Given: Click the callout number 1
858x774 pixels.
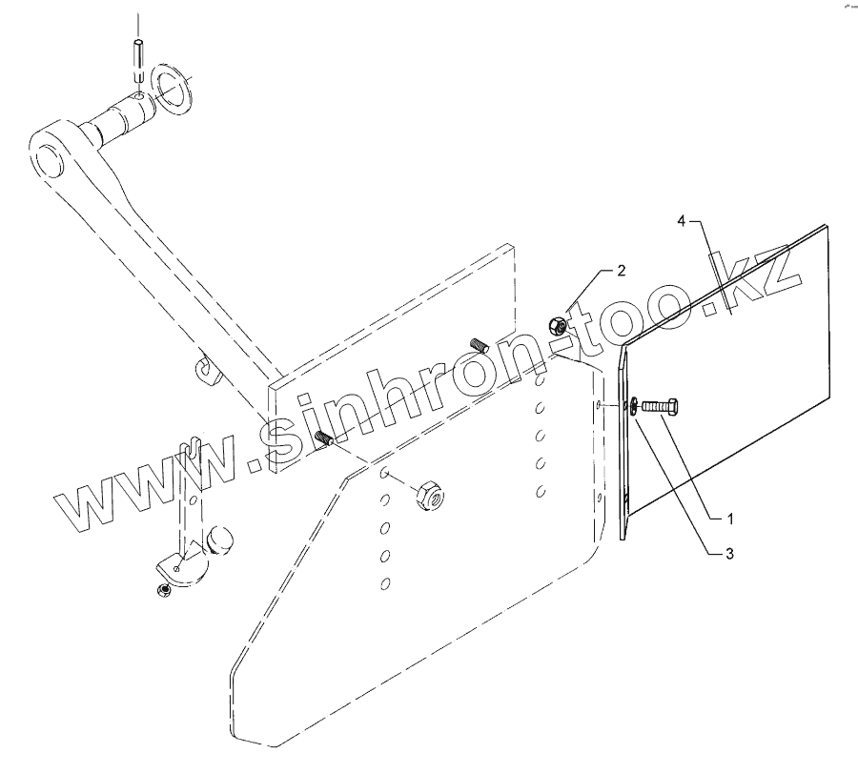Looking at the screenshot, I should [730, 519].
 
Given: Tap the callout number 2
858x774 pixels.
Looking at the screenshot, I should [621, 271].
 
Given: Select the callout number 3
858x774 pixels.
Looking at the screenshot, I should [730, 552].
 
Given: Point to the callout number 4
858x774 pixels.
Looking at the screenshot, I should [682, 220].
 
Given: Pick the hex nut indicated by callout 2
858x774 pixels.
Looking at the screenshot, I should [561, 326].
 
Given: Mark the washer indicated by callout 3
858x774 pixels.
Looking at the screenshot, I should [630, 406].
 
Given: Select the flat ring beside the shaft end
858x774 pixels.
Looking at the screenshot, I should [174, 88].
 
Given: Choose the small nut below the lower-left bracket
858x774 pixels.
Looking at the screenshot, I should [163, 592].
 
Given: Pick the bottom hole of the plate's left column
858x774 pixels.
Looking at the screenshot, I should [385, 582].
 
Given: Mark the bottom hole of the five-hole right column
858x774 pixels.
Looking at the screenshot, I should [541, 491].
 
